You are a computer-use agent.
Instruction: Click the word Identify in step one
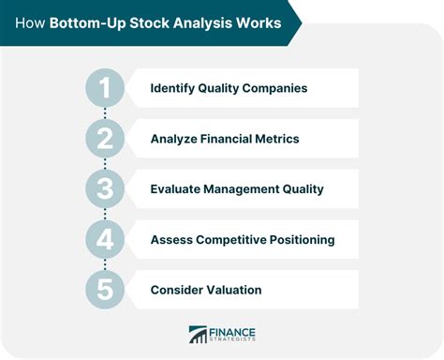pos(173,88)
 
